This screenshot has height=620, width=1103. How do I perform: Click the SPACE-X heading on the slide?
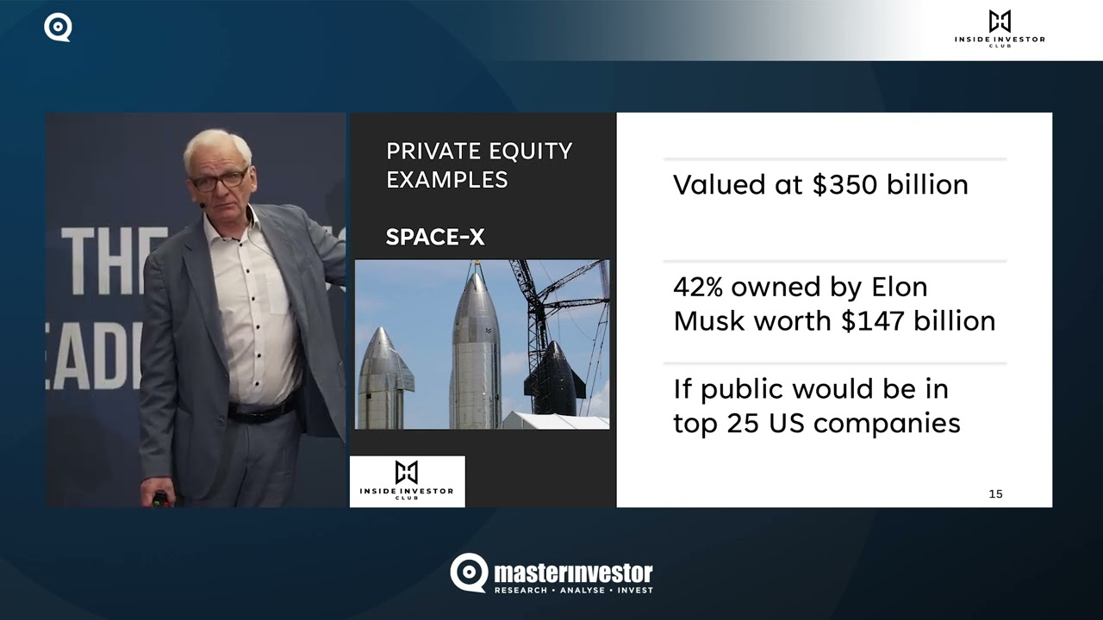pyautogui.click(x=434, y=237)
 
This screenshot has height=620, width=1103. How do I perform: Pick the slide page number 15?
pyautogui.click(x=995, y=493)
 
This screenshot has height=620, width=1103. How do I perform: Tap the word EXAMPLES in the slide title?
pyautogui.click(x=446, y=180)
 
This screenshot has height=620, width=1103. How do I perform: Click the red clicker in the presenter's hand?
pyautogui.click(x=159, y=498)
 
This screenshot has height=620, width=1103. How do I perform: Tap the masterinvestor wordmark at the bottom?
pyautogui.click(x=572, y=573)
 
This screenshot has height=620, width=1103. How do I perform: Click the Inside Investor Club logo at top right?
pyautogui.click(x=999, y=28)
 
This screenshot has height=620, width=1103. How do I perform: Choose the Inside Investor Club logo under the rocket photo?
pyautogui.click(x=407, y=481)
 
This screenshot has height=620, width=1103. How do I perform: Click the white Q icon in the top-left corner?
pyautogui.click(x=58, y=28)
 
